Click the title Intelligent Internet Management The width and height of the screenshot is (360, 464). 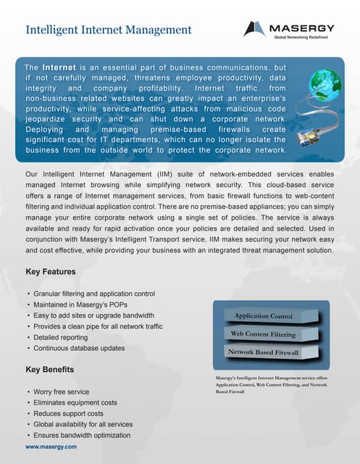point(109,30)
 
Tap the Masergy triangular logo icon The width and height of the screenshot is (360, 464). point(254,29)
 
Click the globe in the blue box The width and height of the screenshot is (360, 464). point(325,85)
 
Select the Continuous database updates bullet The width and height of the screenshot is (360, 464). point(79,348)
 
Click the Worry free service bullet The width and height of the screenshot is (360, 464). point(62,391)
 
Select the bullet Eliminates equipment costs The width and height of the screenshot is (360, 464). point(75,402)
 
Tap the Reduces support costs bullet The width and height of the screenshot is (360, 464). point(69,413)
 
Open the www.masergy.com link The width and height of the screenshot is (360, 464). point(51,447)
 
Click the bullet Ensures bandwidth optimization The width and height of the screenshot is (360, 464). point(82,435)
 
